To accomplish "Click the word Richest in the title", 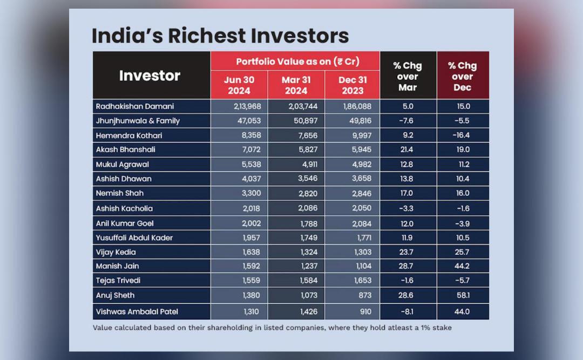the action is tap(207, 36).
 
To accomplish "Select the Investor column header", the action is tap(150, 76).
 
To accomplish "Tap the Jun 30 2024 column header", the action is tap(239, 85).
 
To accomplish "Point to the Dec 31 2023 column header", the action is tap(352, 85).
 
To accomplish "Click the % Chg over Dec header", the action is tap(463, 76).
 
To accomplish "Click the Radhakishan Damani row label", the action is tap(134, 106).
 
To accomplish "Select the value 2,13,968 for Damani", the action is tap(247, 106).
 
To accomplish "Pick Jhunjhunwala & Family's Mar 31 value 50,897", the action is tap(303, 121).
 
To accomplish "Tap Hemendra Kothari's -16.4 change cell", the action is tap(461, 135).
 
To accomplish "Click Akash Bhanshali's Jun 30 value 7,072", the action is tap(252, 150).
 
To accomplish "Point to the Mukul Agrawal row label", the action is tap(122, 165).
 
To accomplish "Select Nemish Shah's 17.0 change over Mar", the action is tap(406, 193).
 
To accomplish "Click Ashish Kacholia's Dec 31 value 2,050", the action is tap(362, 208).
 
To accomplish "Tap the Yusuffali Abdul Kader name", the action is tap(134, 237).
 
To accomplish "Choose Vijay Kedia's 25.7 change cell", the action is tap(462, 252).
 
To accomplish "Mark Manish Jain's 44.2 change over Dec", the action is tap(462, 266).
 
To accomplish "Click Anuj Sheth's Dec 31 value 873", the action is tap(365, 295).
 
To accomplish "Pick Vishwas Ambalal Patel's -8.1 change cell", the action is tap(407, 311).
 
